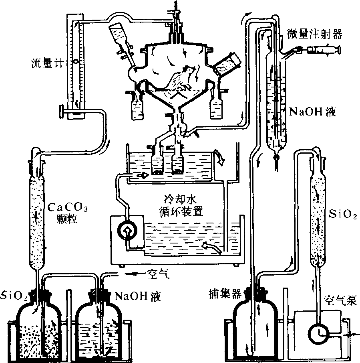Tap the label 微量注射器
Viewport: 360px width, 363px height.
(x=315, y=35)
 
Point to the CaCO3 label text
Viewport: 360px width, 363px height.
(x=67, y=207)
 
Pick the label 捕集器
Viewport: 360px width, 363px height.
(x=225, y=294)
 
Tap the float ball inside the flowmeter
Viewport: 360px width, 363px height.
(x=75, y=62)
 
